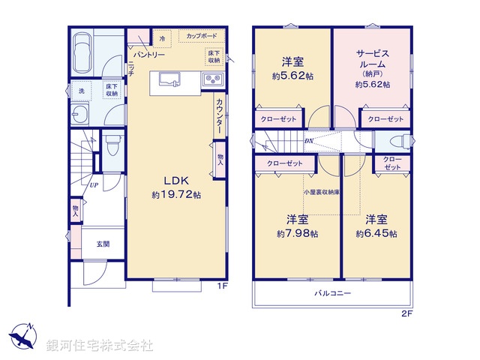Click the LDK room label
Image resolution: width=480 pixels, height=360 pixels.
(175, 181)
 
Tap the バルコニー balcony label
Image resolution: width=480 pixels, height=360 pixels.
(331, 293)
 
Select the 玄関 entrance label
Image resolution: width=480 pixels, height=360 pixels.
(102, 244)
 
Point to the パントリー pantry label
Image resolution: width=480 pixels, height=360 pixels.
(150, 55)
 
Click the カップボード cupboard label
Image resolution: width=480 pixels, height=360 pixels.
(197, 34)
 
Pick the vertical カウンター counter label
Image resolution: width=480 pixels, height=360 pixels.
(219, 117)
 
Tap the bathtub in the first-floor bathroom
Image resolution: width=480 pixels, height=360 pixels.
(82, 52)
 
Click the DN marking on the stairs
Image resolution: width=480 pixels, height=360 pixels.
(308, 142)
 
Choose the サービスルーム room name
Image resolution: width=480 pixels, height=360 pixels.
(372, 59)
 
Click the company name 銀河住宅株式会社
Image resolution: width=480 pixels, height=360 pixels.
(100, 346)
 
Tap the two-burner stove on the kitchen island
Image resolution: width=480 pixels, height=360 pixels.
(209, 79)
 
